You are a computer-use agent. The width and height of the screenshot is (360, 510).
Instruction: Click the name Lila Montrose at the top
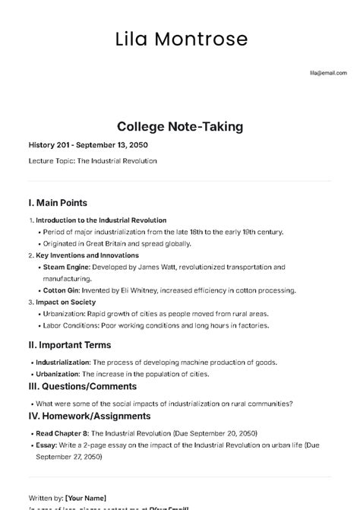click(181, 39)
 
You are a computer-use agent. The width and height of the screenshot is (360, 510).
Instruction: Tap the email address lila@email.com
click(327, 73)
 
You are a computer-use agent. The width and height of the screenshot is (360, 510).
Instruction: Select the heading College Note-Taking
click(180, 127)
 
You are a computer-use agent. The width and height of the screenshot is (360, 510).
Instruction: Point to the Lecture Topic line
click(92, 161)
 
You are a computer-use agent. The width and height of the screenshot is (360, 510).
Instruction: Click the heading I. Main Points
click(58, 203)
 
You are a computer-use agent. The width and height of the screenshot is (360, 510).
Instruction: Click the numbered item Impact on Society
click(68, 302)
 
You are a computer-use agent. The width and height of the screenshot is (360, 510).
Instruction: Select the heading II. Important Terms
click(69, 344)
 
